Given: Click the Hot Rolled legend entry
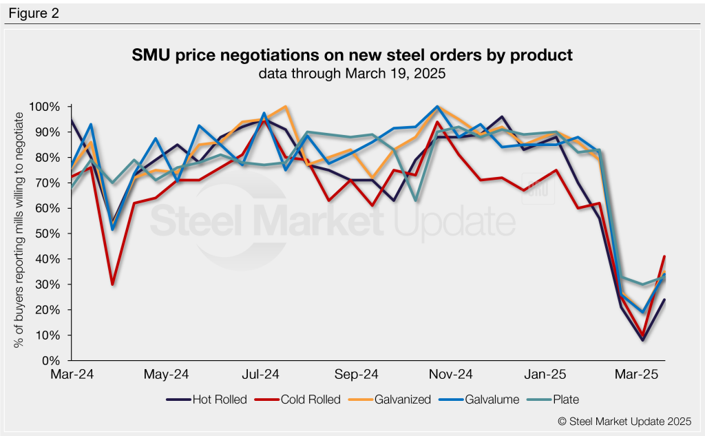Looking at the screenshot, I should click(207, 399).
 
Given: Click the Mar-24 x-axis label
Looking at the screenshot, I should click(72, 375).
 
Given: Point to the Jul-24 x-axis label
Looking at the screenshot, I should click(262, 375).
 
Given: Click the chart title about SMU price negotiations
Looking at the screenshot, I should click(352, 55).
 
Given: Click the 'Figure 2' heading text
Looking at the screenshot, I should click(34, 13).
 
